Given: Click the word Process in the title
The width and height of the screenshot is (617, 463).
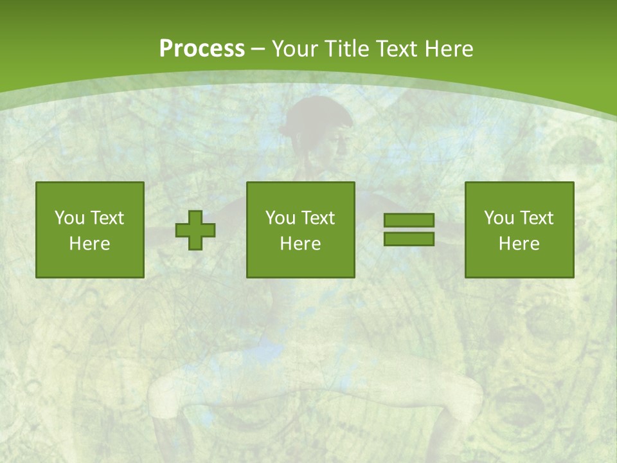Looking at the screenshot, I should coord(202,49).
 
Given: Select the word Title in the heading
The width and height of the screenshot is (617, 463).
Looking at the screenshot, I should coord(344,49).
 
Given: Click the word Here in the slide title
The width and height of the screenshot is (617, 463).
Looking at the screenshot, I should coord(449,49).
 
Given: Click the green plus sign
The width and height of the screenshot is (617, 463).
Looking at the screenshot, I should coord(195,230).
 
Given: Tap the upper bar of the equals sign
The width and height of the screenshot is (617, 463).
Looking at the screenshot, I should coord(409,221).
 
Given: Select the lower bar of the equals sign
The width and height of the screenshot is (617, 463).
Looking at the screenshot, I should coord(409,239).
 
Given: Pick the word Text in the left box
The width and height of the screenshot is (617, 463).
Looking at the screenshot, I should coord(106,218).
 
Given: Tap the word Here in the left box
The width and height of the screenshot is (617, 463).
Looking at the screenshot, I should coord(89,244).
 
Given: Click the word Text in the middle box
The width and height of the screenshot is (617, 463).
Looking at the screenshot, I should coord(317,218).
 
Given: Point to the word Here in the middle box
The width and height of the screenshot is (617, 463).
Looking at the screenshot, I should coord(300,244).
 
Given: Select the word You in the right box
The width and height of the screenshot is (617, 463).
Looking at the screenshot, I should coord(499,218).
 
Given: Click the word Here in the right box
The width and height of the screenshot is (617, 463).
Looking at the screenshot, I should coord(519,244).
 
